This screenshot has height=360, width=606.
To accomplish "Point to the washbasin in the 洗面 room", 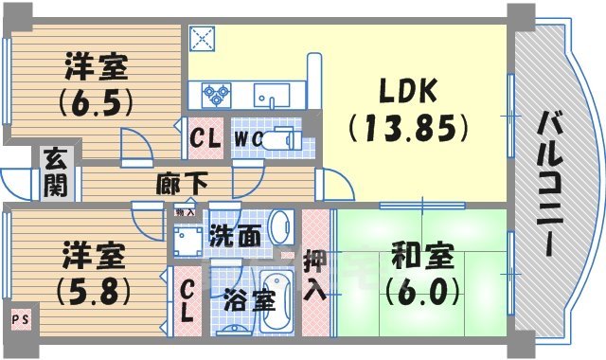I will tap(280, 227).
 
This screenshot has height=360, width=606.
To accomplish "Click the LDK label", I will tap(407, 91).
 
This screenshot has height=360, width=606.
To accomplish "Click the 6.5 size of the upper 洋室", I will tap(94, 100).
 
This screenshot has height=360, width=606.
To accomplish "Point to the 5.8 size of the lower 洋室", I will tap(92, 291).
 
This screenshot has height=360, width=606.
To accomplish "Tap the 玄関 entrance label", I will tap(55, 171).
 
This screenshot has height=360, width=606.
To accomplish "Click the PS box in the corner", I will tap(19, 320).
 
